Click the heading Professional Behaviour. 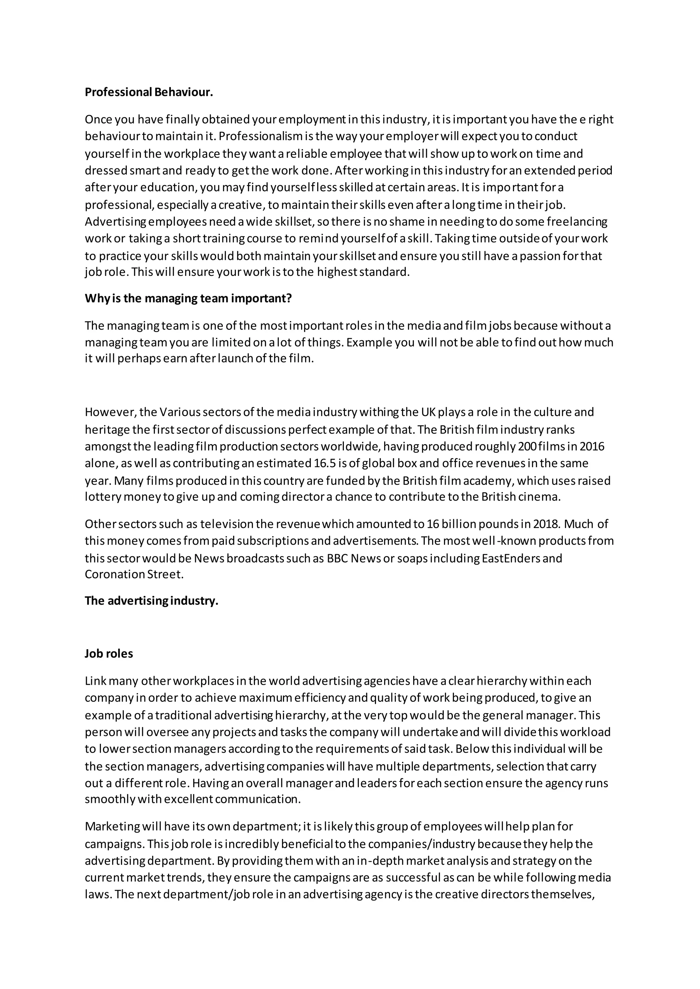click(x=149, y=92)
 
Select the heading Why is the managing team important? click(x=188, y=298)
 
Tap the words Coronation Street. click(x=134, y=575)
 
